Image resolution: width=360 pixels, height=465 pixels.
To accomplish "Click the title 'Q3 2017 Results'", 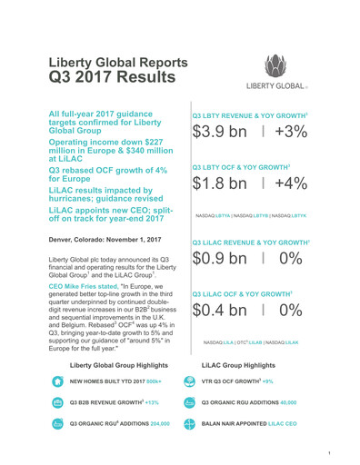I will pos(113,77).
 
